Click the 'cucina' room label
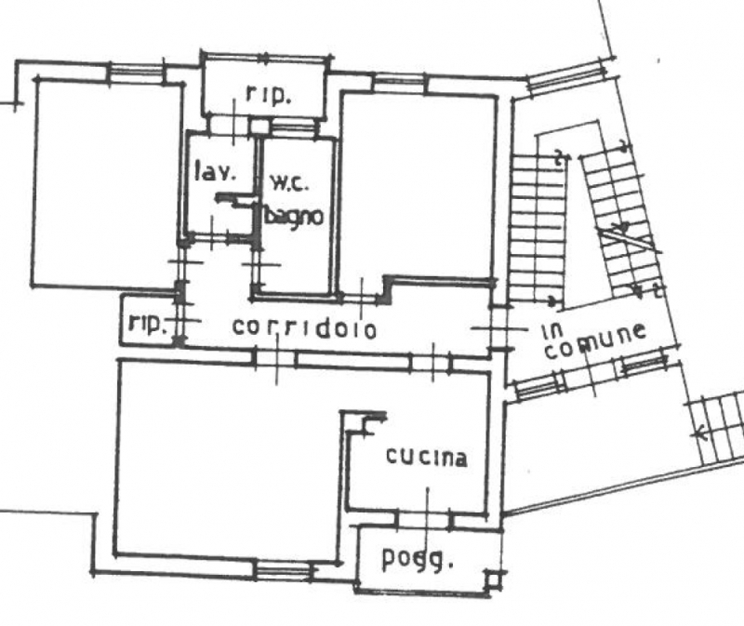coord(427,457)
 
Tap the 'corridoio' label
coord(305,327)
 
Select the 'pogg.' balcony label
coord(418,559)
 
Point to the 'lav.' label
coord(215,172)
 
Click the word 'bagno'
coord(294,217)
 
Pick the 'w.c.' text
coord(289,183)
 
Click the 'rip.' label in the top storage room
coord(268,95)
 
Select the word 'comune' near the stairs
coord(595,340)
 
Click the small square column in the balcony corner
coord(494,580)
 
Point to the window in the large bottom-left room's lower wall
coord(285,569)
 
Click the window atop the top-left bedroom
coord(137,73)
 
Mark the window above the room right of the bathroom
coord(400,82)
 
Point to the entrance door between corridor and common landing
coord(498,327)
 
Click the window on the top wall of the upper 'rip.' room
coord(266,58)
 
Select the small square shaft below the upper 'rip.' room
coord(259,127)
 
